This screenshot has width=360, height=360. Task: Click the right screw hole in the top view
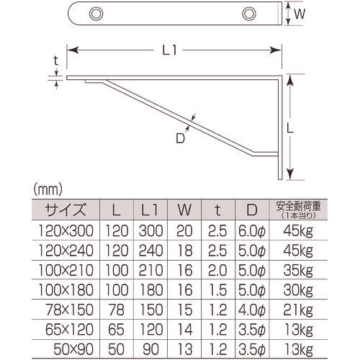pos(249,13)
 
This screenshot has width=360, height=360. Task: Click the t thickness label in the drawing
pos(55,61)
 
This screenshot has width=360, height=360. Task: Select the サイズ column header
pos(66,211)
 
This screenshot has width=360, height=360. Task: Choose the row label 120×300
pos(66,232)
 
